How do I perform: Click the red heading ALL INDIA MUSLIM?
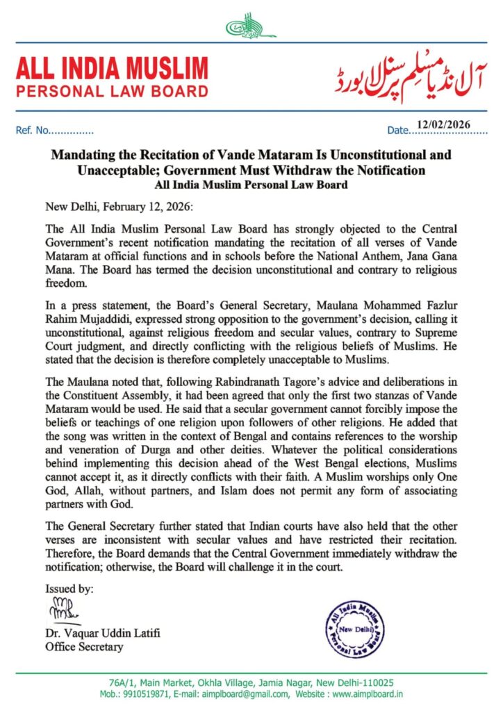[x=111, y=68]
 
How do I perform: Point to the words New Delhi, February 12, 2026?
[x=116, y=206]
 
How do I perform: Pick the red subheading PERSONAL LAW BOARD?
[x=111, y=91]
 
